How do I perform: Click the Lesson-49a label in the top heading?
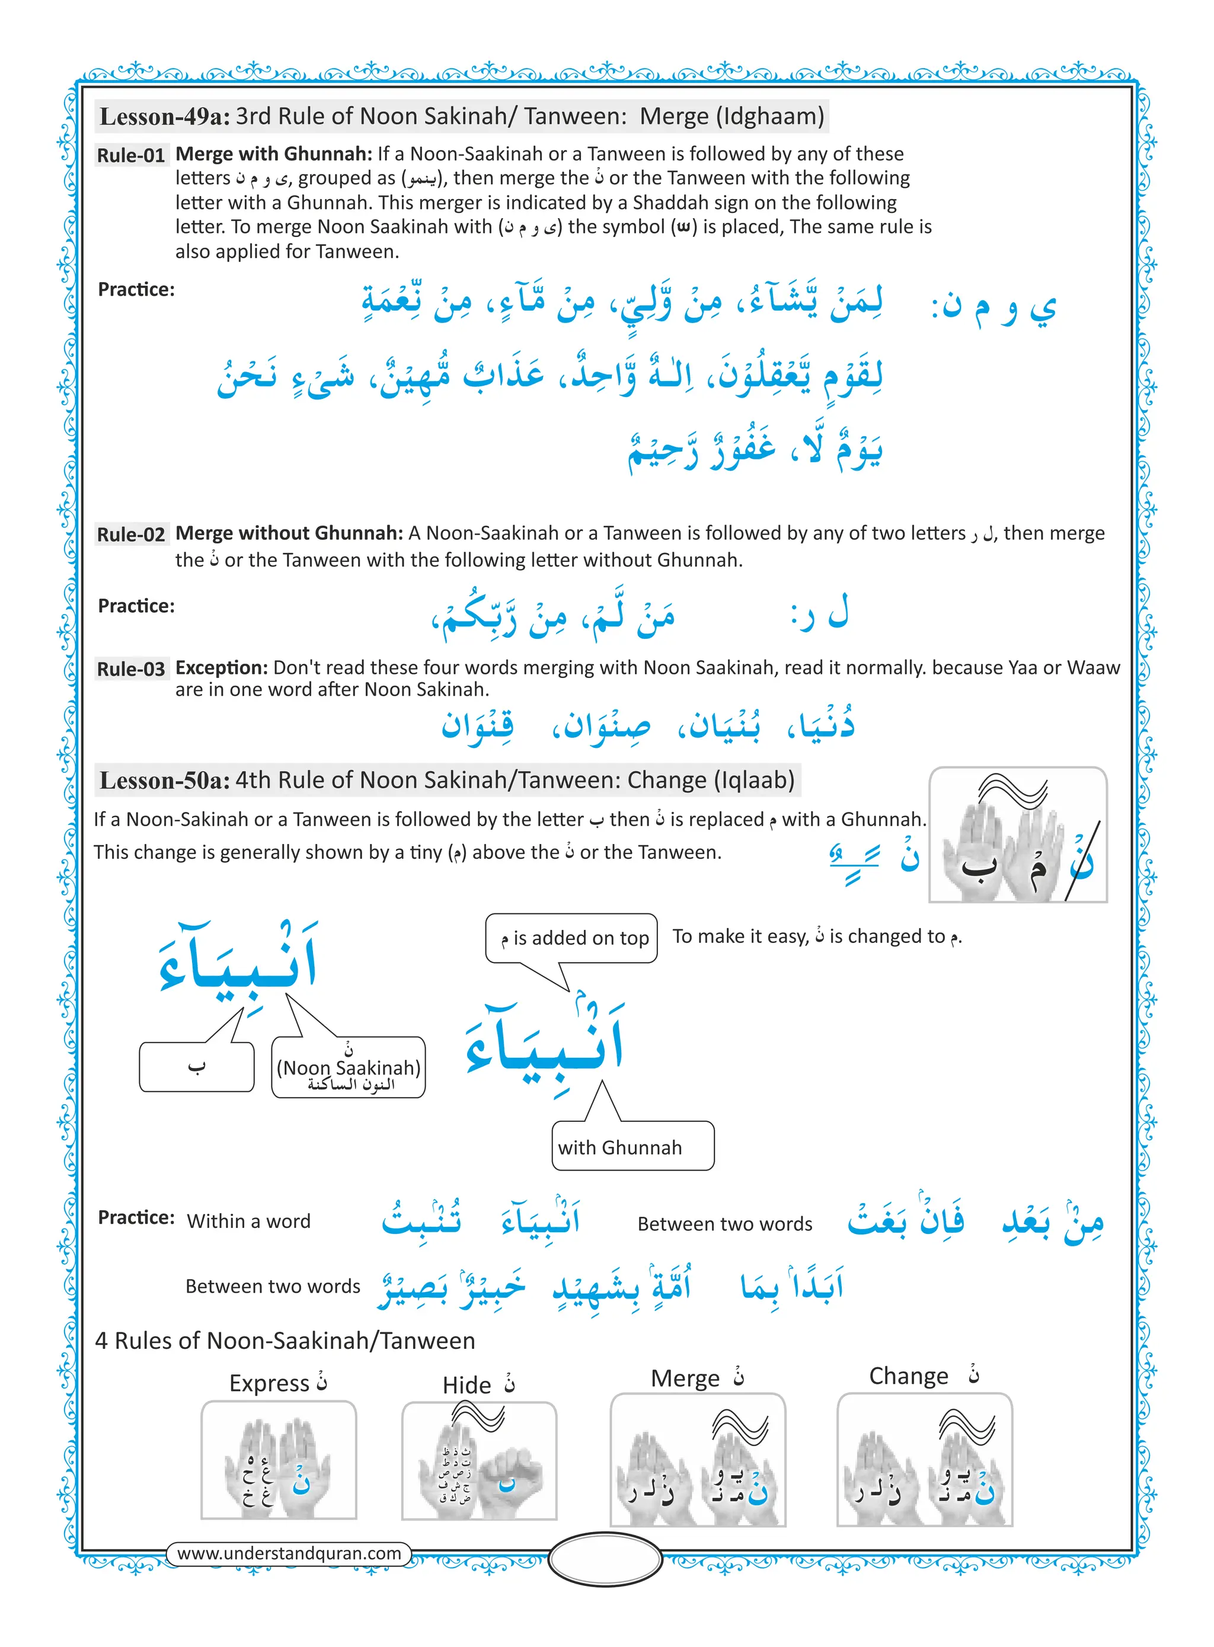click(165, 117)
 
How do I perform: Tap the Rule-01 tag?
click(131, 156)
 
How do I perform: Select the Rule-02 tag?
click(131, 534)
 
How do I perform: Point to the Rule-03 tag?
click(131, 669)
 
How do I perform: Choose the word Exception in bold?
click(221, 668)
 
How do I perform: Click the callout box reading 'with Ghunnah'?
click(632, 1147)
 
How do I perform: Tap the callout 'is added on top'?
click(571, 938)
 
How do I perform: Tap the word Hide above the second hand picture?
click(467, 1386)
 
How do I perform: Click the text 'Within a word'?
click(248, 1221)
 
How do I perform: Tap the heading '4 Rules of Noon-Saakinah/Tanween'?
click(285, 1341)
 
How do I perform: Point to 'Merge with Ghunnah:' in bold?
click(273, 153)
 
